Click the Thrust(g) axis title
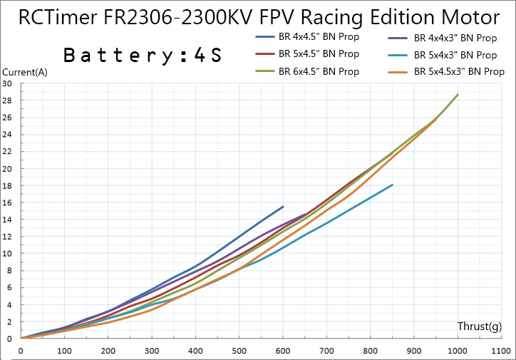479,326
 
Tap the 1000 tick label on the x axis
458,351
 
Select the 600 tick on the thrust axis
283,351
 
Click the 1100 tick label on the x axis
501,351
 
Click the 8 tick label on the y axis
9,271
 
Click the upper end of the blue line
283,207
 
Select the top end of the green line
458,94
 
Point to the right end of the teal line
393,185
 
